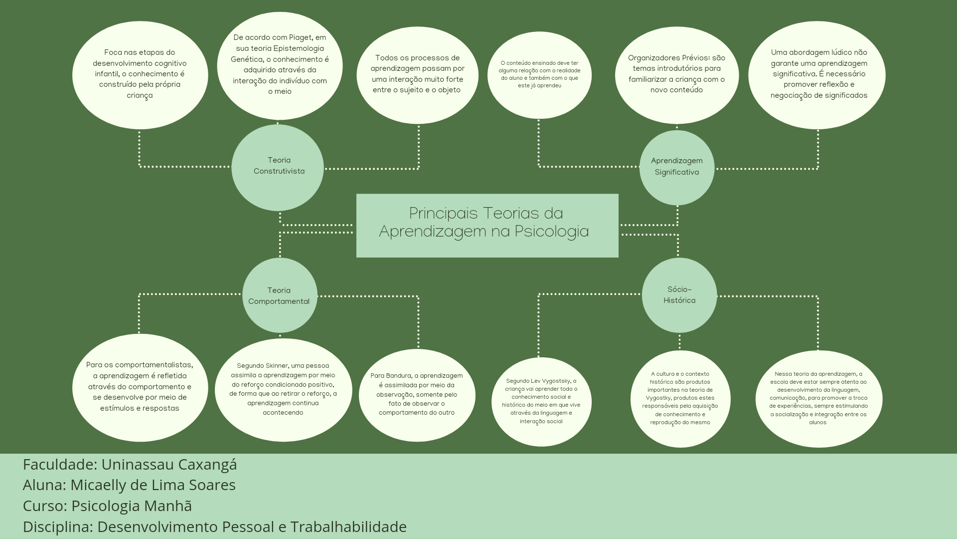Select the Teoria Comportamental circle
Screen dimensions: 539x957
tap(280, 296)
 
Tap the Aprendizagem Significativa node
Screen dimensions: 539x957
tap(676, 167)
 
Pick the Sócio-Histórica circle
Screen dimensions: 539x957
tap(679, 295)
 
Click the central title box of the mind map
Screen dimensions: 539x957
tap(487, 225)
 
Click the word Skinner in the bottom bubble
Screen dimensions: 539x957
tap(277, 366)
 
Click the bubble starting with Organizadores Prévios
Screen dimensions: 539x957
tap(676, 74)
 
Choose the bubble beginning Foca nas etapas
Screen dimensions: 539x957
tap(140, 74)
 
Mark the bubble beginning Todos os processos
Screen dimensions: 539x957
tap(417, 74)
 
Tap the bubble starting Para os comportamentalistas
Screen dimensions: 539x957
tap(140, 387)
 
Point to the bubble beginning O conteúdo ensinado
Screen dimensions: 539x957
tap(539, 75)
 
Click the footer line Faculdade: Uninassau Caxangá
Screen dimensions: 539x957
tap(130, 465)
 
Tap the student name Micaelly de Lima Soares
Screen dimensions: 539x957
tap(153, 485)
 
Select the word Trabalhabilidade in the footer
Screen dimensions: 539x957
tap(348, 527)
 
